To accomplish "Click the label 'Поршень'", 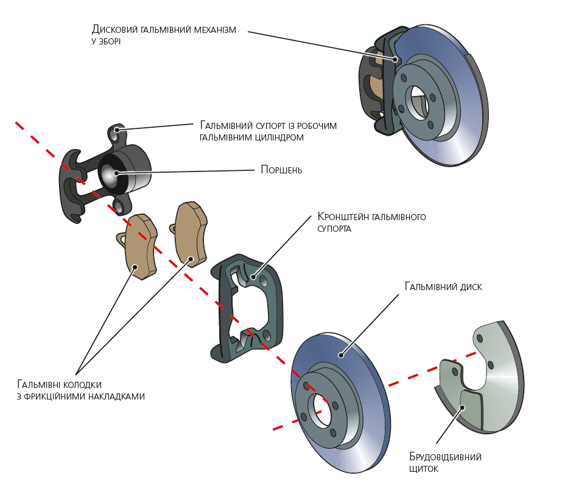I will coord(281,170).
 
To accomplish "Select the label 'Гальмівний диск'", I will coord(443,286).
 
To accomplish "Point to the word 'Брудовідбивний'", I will coord(446,457).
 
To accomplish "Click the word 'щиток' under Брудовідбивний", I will coord(424,469).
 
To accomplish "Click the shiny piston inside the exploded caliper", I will coord(110,173).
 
